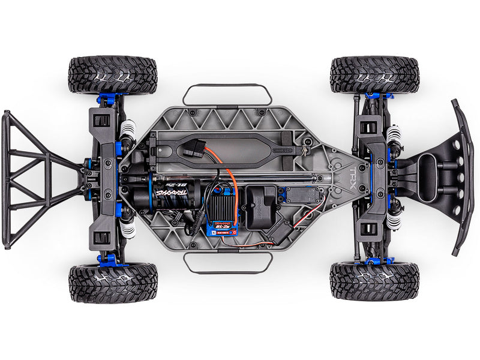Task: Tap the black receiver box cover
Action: point(260,203)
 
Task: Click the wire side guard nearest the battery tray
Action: point(227,94)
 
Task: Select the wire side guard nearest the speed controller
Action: point(228,263)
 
